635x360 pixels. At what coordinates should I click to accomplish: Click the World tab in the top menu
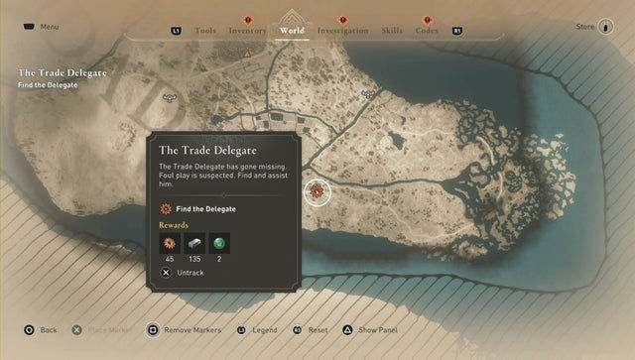292,31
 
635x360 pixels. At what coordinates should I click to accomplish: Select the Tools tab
205,31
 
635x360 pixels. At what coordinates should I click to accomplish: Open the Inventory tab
247,31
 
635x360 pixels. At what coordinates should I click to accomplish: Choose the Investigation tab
342,31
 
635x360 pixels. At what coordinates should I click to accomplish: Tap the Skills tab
392,31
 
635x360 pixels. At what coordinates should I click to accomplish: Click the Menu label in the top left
50,27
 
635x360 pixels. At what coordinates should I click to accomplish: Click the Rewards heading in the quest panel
174,225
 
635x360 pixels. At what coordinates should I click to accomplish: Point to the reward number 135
194,259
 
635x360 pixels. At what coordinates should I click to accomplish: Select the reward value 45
170,259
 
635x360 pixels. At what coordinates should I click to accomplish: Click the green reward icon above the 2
219,243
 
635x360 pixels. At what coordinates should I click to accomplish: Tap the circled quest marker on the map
317,191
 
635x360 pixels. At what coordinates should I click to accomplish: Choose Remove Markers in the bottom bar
190,329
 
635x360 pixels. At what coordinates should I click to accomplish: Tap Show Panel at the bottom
377,329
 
